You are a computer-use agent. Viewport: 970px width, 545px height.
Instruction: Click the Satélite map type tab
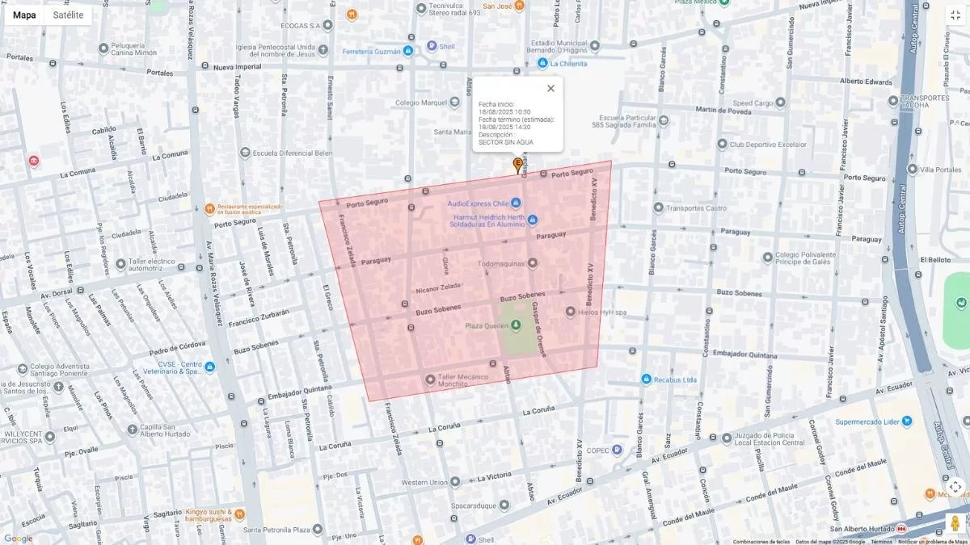point(68,15)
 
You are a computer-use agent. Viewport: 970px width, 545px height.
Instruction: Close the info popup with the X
point(550,89)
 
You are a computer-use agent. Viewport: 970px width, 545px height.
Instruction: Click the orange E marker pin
point(518,165)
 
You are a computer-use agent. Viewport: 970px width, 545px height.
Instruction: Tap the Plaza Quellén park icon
point(517,325)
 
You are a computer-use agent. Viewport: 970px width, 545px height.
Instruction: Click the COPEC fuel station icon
point(618,451)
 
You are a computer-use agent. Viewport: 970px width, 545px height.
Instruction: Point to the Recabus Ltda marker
point(647,379)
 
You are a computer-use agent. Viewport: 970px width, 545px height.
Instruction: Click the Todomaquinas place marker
point(533,263)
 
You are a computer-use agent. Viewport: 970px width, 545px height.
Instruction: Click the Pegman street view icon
point(955,523)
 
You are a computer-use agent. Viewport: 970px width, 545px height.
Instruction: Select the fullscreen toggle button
point(955,15)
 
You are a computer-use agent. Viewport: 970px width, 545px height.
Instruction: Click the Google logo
point(18,539)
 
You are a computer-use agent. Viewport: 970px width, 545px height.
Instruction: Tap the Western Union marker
point(455,482)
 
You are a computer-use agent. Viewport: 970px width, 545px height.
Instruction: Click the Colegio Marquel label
point(420,103)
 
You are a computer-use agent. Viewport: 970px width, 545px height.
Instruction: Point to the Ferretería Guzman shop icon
point(408,52)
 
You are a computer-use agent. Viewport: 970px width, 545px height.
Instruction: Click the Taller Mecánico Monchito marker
point(430,379)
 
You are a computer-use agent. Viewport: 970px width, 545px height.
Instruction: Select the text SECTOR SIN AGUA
point(506,142)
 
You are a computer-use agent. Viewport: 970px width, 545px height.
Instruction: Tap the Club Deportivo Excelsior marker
point(719,145)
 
